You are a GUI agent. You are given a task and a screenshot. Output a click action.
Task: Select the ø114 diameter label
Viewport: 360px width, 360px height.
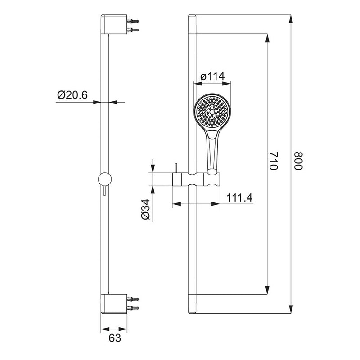pos(212,77)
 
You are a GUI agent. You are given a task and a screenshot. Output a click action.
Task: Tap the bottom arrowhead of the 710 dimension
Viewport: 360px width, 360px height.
pos(268,290)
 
